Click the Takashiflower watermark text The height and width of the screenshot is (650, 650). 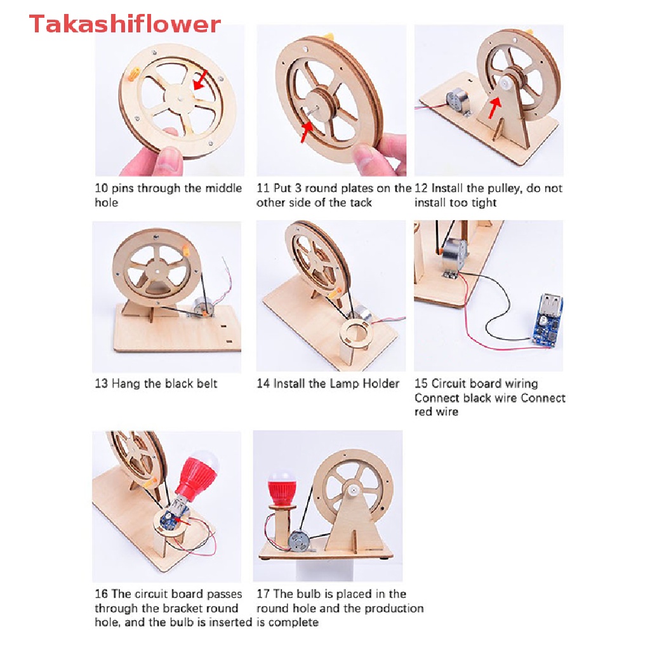point(125,24)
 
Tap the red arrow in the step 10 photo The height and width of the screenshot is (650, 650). point(200,80)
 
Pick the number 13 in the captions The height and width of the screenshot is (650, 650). point(102,383)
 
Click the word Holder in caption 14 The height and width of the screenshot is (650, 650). point(381,383)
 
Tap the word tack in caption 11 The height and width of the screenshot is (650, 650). point(360,202)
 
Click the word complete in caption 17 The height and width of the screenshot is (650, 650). point(293,622)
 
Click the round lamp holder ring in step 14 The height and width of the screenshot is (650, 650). point(355,333)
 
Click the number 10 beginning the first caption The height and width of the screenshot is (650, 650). point(102,189)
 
